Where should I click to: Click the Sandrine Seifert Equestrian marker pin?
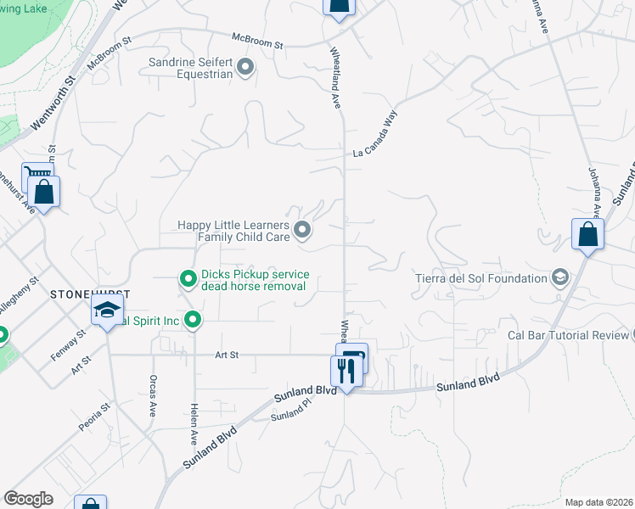click(x=246, y=66)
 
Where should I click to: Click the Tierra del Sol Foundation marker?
click(x=559, y=277)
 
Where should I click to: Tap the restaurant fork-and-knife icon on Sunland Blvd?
click(x=345, y=371)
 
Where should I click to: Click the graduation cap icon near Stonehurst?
click(x=108, y=310)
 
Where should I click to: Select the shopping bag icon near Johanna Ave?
click(x=587, y=234)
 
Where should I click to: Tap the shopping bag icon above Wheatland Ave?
click(x=338, y=7)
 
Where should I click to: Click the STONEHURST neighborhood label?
click(x=89, y=294)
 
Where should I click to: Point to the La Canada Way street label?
click(x=375, y=136)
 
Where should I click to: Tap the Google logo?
click(x=29, y=499)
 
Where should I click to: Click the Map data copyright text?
click(x=598, y=502)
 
